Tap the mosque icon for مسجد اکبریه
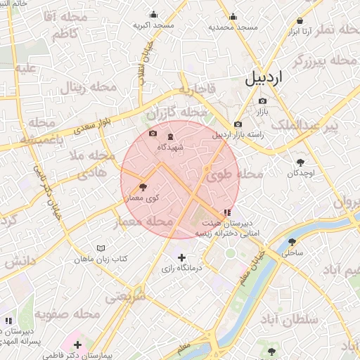[x=155, y=15]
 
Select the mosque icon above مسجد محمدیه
[x=233, y=17]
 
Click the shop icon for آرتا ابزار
[x=300, y=22]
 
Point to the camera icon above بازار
[x=262, y=101]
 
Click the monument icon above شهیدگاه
[x=172, y=136]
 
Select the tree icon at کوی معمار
[x=143, y=187]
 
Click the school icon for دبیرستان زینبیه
[x=226, y=212]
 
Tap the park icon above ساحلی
[x=291, y=241]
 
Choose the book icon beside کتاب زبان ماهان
[x=101, y=248]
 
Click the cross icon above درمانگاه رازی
[x=182, y=257]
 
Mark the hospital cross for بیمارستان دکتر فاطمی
[x=77, y=345]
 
